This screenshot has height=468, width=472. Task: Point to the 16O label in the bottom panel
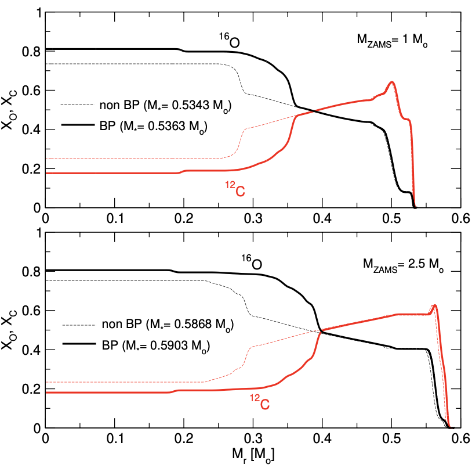coord(250,263)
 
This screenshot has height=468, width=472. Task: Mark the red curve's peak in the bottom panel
coord(434,305)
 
